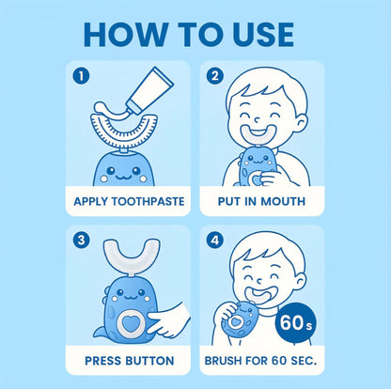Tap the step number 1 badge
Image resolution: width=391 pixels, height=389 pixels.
pos(81,76)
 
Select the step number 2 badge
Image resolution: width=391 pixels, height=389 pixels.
pos(215,76)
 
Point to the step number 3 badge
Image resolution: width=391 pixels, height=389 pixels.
pos(81,241)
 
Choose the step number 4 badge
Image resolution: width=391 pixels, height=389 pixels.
pos(215,241)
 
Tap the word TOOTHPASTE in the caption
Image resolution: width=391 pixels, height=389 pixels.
pos(148,201)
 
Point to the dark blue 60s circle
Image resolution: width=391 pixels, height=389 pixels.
pos(296,323)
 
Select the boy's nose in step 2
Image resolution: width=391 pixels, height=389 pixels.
pos(257,119)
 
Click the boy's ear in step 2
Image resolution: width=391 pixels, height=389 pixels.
pos(301,124)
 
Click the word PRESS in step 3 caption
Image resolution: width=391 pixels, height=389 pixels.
pos(103,361)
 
